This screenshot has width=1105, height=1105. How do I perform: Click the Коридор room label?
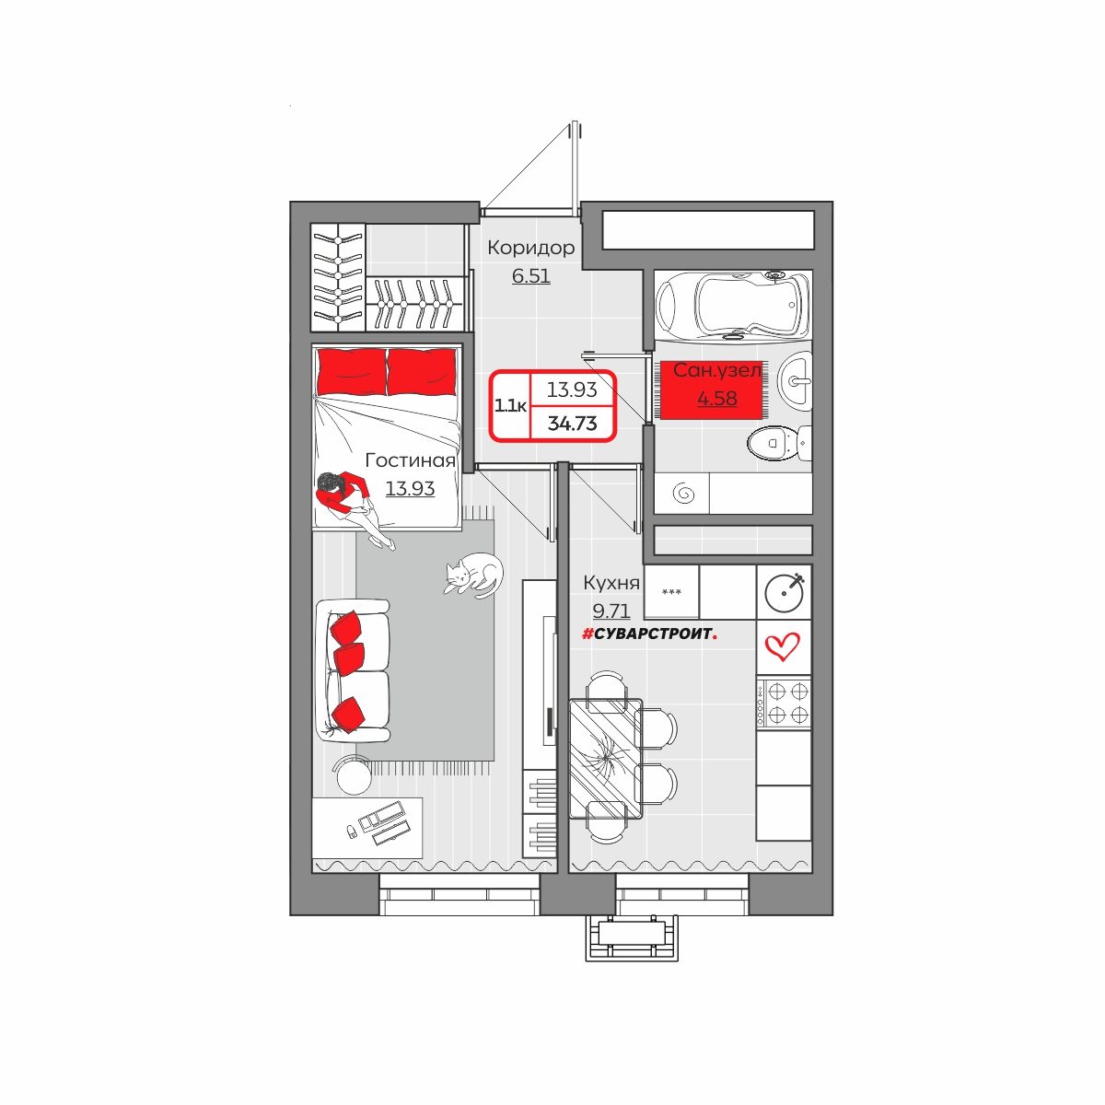530,248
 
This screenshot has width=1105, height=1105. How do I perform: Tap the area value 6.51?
531,276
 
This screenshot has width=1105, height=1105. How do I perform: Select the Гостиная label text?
410,459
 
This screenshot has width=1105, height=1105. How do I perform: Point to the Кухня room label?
611,583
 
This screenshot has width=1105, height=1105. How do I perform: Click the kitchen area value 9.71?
611,611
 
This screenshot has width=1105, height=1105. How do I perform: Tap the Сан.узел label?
716,370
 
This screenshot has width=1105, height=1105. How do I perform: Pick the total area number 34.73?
572,424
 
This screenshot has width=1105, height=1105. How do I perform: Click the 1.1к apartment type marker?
510,406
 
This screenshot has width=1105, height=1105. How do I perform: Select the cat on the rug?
473,576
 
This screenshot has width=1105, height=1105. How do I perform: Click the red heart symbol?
782,646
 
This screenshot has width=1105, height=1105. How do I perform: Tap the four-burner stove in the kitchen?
784,703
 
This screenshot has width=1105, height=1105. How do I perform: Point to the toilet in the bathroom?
779,443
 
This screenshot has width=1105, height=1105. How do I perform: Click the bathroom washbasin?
796,380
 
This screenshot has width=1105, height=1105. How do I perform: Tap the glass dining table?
606,759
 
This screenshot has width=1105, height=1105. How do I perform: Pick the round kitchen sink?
785,593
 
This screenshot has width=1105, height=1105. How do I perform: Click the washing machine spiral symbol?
683,493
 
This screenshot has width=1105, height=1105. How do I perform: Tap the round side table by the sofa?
354,776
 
